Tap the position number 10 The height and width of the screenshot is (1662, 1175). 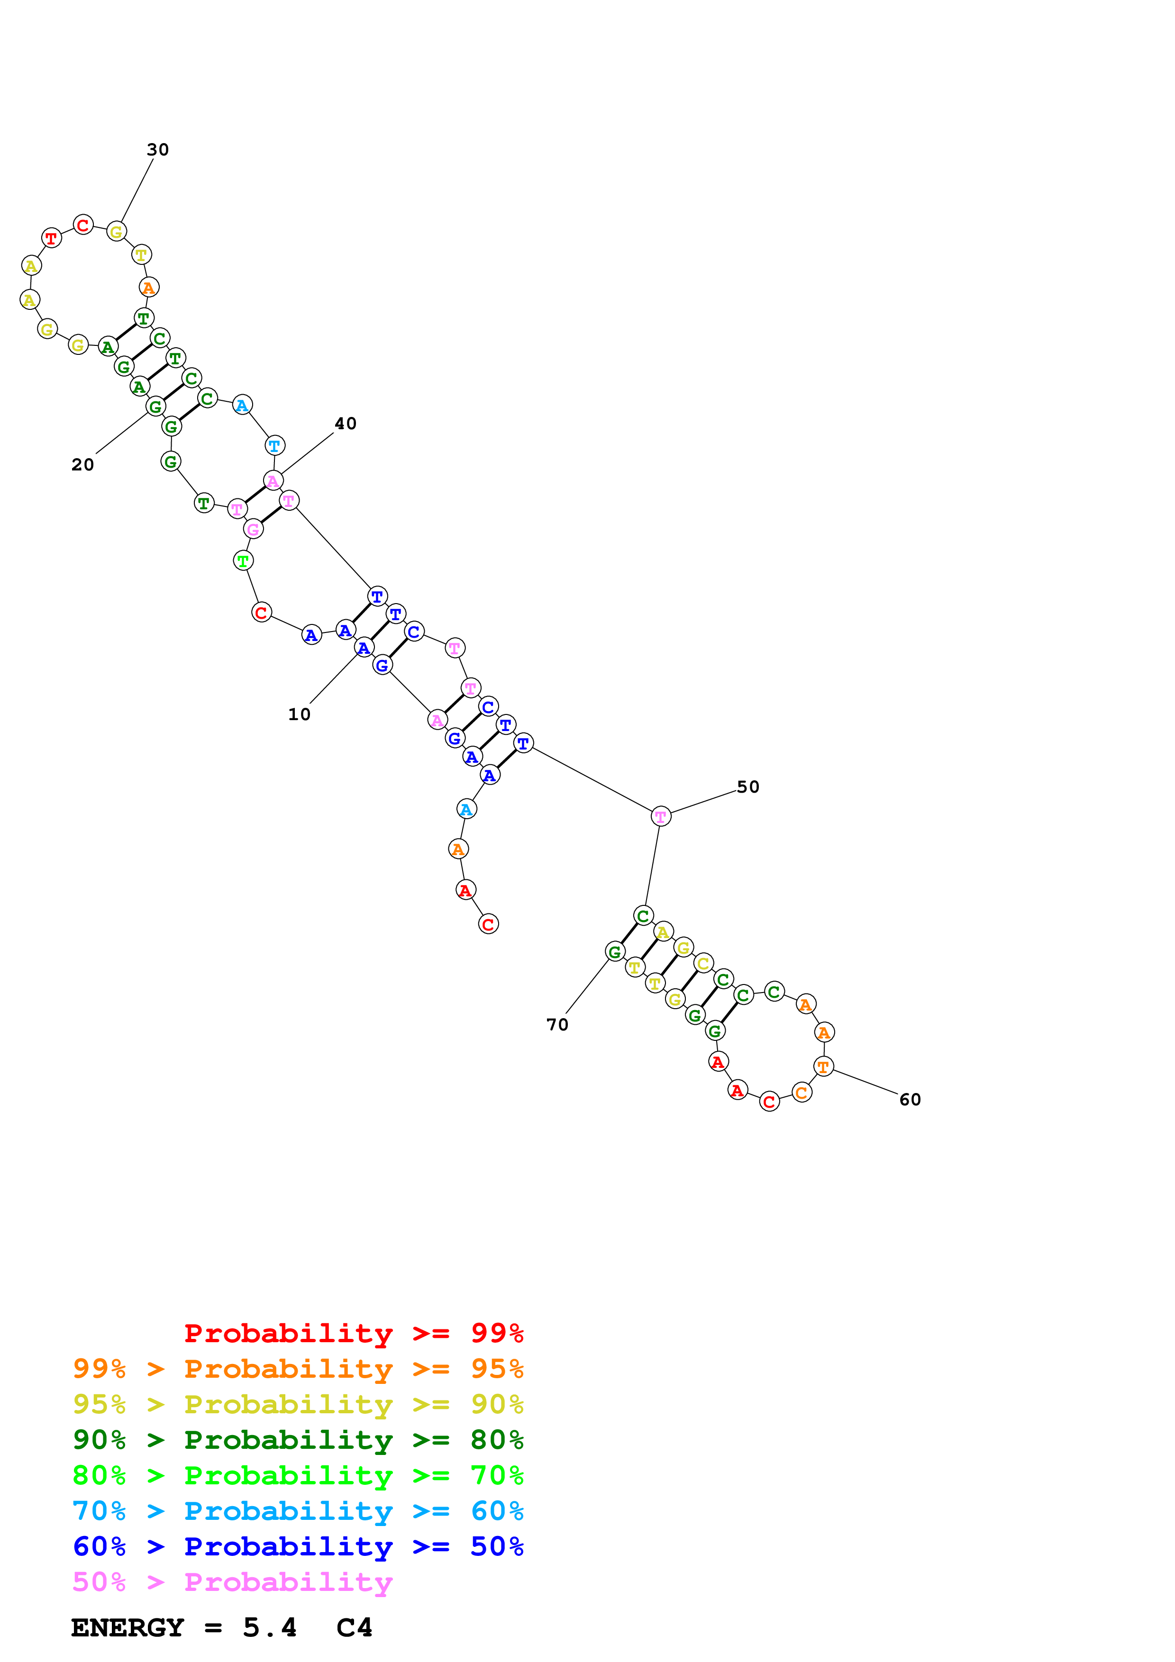pos(299,714)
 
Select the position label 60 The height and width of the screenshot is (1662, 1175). pos(910,1100)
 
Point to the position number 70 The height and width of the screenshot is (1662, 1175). pos(557,1025)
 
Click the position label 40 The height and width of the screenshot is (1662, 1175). pos(346,424)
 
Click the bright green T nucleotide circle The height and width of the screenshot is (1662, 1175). pos(243,560)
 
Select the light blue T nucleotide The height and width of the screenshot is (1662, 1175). pos(274,446)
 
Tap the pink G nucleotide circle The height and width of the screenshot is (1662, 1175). pos(253,529)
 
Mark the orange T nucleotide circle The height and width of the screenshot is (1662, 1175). pos(823,1066)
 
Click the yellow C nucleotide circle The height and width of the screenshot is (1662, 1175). pos(703,964)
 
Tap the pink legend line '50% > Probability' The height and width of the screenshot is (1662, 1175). pos(232,1581)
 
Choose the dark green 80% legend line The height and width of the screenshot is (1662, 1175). pos(298,1440)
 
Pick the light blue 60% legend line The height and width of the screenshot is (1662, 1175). pos(298,1511)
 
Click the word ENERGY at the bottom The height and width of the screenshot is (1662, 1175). pos(128,1627)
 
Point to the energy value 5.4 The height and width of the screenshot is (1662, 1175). pos(269,1627)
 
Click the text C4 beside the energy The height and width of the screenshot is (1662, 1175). pos(354,1627)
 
